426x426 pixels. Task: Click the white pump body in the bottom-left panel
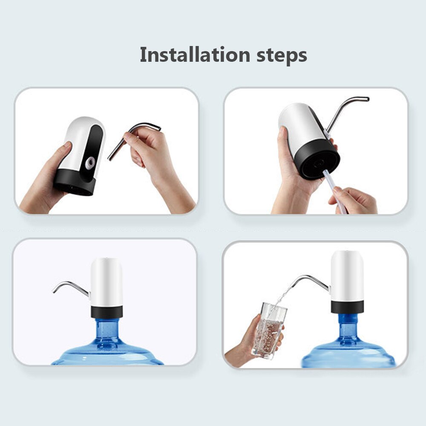click(x=106, y=281)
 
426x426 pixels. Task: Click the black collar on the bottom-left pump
click(x=106, y=312)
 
